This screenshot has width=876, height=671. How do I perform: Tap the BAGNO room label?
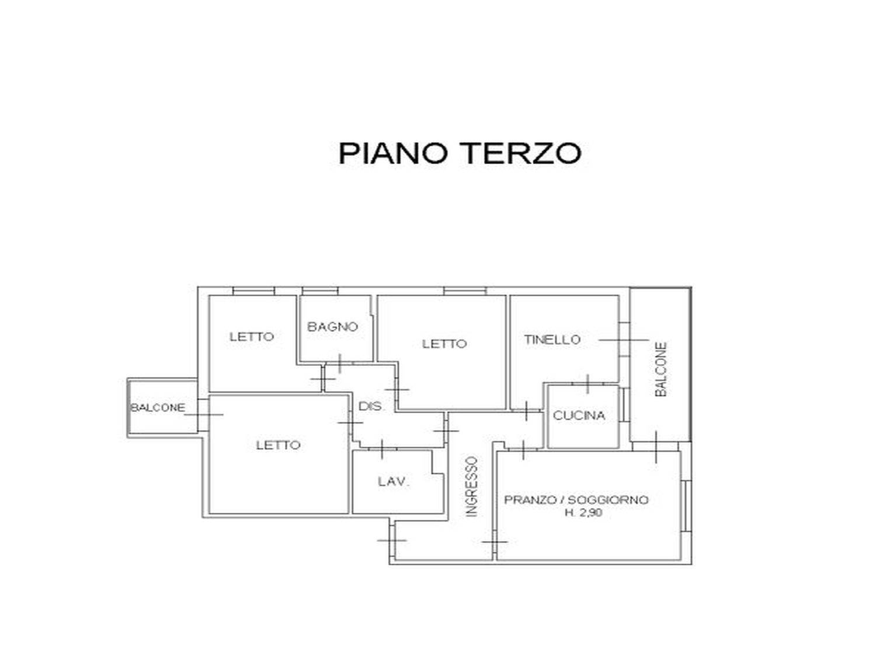click(x=332, y=327)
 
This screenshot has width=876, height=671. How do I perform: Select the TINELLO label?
click(x=552, y=340)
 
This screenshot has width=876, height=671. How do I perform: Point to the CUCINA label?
click(x=579, y=415)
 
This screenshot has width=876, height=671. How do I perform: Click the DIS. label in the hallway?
click(x=371, y=406)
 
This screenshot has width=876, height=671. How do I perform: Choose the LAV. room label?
click(x=394, y=481)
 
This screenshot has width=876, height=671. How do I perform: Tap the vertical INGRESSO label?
click(x=471, y=486)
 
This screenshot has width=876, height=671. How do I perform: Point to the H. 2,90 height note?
click(x=584, y=513)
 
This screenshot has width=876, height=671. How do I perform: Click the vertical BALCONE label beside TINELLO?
click(x=661, y=369)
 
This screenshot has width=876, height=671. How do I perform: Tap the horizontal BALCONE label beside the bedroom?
click(x=158, y=408)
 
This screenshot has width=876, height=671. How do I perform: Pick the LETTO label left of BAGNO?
click(x=252, y=337)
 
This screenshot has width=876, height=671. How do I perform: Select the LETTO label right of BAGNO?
click(x=444, y=344)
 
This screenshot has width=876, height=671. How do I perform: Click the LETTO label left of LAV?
click(x=278, y=445)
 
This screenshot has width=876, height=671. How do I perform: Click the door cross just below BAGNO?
click(x=340, y=364)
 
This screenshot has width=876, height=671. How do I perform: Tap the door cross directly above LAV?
click(x=382, y=449)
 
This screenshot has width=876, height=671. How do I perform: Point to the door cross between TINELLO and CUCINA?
click(x=588, y=383)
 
